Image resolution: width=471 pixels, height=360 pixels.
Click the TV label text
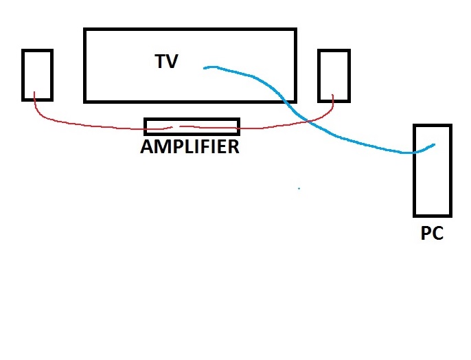point(166,61)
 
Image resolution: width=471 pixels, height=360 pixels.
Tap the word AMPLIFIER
point(190,146)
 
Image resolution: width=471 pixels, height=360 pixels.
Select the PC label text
point(432,234)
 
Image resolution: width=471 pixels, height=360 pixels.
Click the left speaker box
point(37,74)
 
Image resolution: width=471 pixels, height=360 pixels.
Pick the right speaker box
point(334,74)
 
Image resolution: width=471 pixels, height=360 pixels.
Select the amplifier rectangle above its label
point(192,126)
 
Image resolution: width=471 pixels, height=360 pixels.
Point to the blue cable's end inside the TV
point(204,67)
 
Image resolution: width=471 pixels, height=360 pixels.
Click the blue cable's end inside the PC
point(435,144)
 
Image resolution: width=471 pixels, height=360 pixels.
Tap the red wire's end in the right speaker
point(333,96)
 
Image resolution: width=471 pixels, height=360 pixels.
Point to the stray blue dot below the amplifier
point(299,188)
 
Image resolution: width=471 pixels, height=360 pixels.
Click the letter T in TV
point(160,61)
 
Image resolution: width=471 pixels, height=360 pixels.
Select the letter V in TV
point(172,61)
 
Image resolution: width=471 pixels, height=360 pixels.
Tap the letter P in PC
point(426,234)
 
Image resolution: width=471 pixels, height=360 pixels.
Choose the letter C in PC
point(438,234)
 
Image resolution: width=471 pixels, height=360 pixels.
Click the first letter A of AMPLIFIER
point(146,146)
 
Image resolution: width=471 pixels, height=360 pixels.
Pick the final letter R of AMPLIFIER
point(233,146)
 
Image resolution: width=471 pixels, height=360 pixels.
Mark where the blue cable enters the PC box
point(415,152)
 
